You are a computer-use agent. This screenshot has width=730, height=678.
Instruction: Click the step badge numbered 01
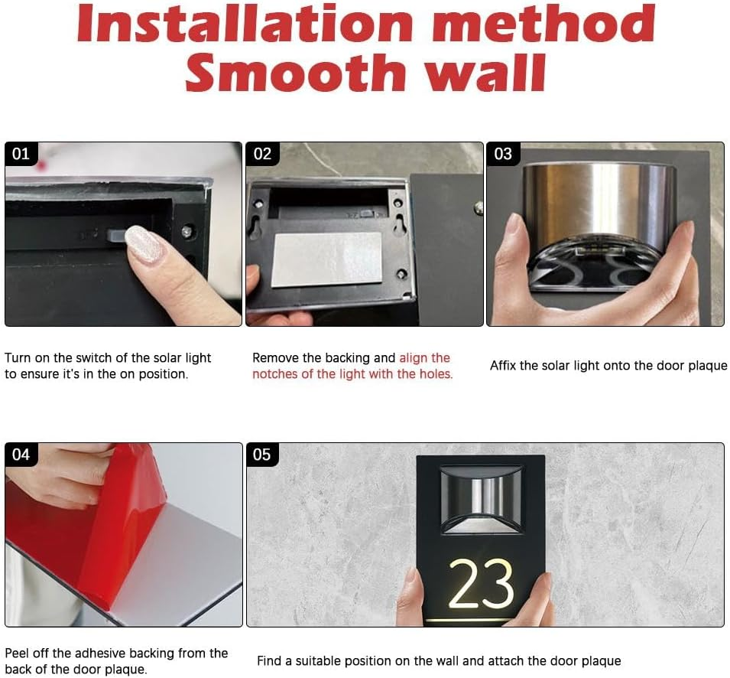[21, 154]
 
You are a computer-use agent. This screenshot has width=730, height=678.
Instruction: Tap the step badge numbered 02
[262, 154]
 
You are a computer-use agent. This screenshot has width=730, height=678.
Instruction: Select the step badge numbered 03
[503, 154]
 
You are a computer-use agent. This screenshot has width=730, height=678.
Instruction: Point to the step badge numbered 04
[21, 455]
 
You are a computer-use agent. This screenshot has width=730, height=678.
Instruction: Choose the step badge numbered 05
[262, 455]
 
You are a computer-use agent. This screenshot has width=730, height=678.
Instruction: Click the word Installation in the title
[245, 23]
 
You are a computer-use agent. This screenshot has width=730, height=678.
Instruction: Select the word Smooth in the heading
[296, 72]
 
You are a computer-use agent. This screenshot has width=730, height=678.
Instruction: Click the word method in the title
[544, 23]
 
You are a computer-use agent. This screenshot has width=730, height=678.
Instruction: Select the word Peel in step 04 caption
[17, 654]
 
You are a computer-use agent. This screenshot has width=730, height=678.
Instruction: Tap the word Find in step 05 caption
[268, 661]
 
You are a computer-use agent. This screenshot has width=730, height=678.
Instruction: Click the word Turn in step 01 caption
[18, 358]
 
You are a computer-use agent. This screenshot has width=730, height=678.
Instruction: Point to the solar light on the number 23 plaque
[482, 499]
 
